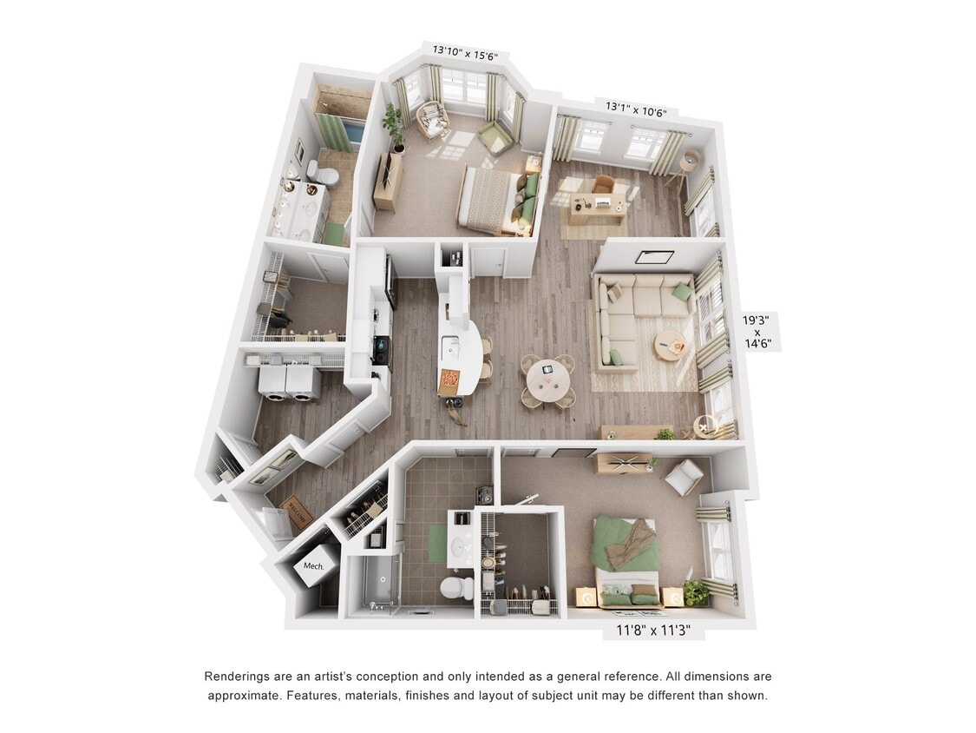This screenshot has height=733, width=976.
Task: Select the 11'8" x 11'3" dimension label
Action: click(652, 632)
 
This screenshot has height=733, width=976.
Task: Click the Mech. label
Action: click(313, 566)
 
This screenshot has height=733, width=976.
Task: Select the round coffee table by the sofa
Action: click(669, 343)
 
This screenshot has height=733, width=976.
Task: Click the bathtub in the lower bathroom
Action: click(373, 584)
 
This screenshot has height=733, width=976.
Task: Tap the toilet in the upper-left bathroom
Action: click(324, 175)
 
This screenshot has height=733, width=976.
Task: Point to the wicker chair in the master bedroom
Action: click(431, 119)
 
